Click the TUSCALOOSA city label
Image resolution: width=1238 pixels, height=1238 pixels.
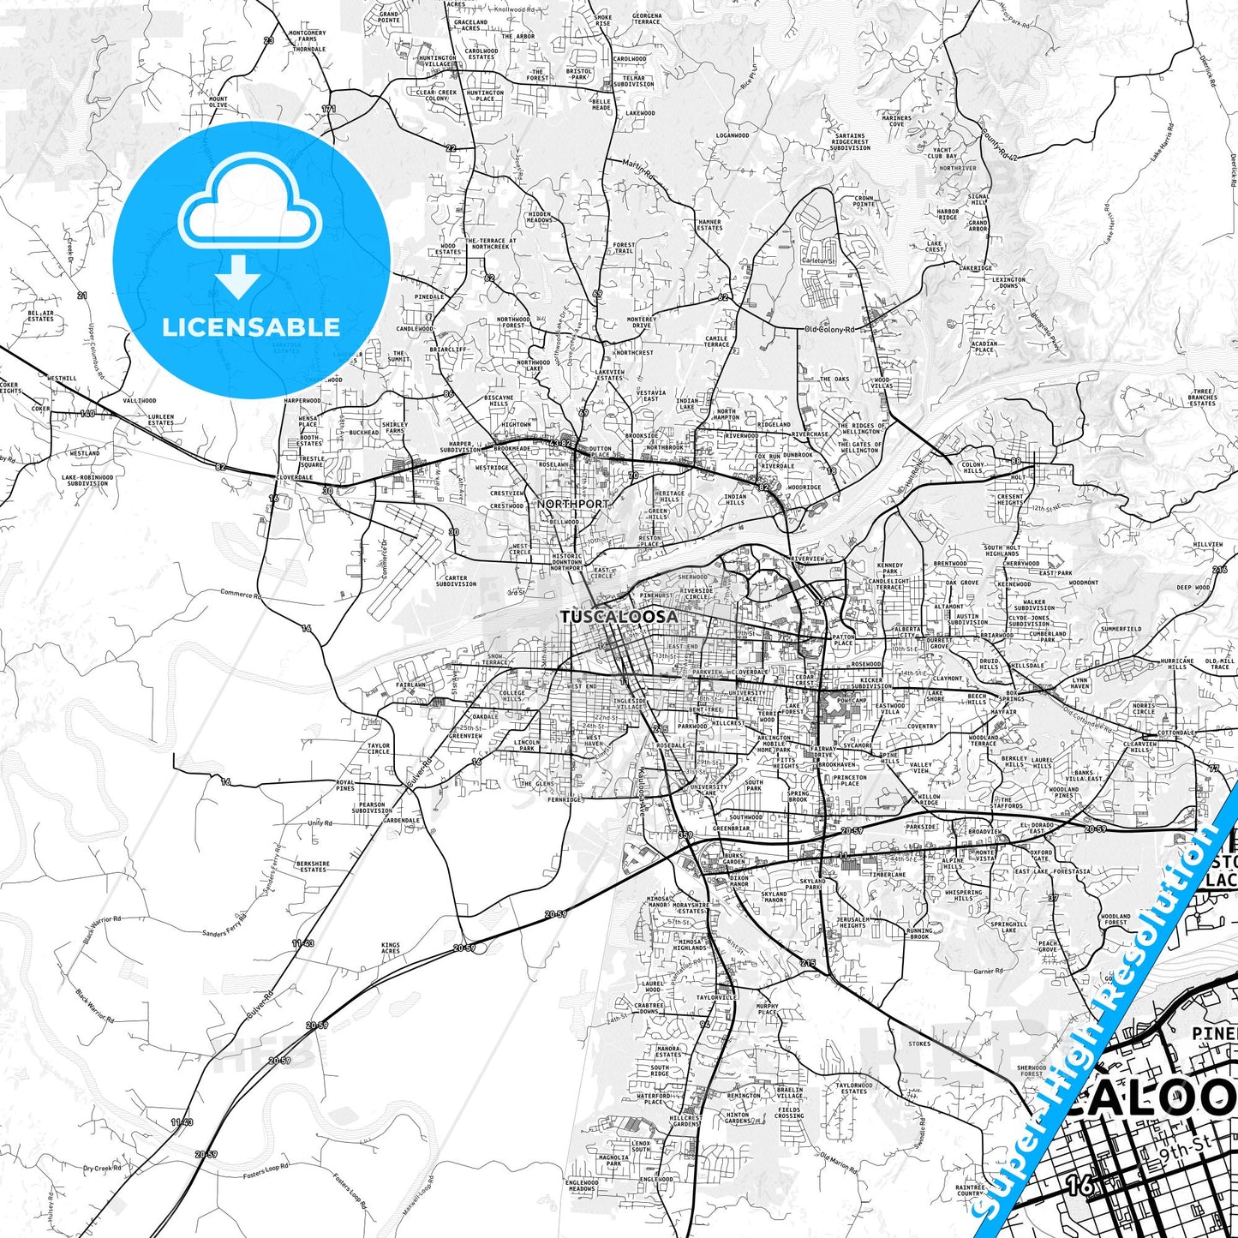point(619,616)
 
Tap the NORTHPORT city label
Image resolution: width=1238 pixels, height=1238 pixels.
point(573,504)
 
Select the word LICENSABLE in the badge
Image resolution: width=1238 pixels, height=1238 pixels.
point(251,326)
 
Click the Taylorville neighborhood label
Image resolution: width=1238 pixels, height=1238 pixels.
point(716,997)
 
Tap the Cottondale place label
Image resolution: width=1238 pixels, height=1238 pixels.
point(1175,733)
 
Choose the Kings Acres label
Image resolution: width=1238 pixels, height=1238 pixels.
point(391,948)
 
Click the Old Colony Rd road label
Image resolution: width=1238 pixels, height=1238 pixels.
point(829,329)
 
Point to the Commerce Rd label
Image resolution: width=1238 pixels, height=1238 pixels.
point(241,593)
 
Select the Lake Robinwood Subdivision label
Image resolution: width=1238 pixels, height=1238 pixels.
point(87,480)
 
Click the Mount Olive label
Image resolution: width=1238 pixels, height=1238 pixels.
point(218,102)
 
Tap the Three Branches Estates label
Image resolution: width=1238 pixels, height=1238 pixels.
point(1202,398)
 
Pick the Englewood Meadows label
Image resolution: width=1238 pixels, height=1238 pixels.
point(582,1186)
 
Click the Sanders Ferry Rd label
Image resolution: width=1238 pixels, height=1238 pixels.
point(224,932)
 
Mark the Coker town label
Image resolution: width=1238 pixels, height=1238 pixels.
point(40,409)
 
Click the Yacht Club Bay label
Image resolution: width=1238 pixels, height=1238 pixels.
point(942,153)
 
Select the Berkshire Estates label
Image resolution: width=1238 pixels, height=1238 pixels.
point(313,866)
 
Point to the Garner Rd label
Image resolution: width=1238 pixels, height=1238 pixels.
point(988,972)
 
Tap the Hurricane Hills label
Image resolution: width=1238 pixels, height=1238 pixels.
point(1176,664)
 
